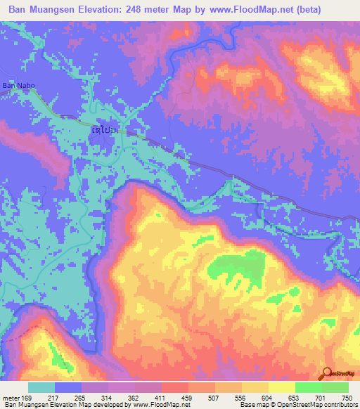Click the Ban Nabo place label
18,86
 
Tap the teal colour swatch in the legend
41,387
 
